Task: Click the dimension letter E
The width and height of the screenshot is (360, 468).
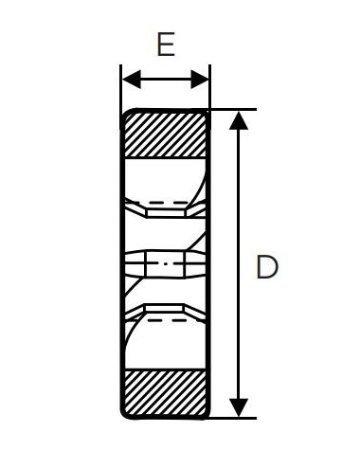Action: [165, 45]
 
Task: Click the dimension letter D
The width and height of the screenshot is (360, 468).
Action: [267, 267]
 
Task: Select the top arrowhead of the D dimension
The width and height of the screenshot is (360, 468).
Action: [240, 119]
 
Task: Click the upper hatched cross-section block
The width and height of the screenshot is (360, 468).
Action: [166, 134]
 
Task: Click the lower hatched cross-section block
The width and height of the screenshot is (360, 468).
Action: [166, 392]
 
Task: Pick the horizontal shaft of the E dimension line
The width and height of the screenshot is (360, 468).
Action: [165, 79]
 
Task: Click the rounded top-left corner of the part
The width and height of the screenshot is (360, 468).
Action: [126, 115]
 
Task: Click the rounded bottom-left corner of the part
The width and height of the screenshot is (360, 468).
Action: [126, 413]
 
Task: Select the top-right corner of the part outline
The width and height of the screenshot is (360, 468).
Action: [208, 111]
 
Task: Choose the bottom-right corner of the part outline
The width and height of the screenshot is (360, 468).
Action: [208, 417]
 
